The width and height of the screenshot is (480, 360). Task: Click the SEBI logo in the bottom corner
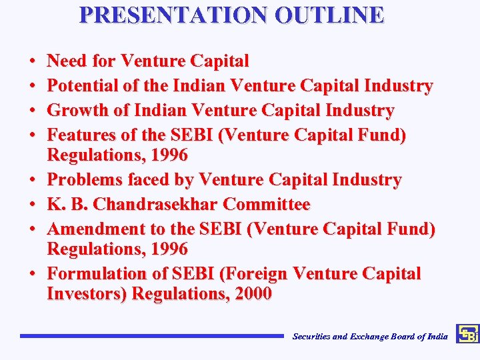click(x=467, y=334)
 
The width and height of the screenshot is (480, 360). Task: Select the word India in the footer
click(x=437, y=337)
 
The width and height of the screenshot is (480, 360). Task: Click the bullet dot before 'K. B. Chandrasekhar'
click(x=33, y=205)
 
